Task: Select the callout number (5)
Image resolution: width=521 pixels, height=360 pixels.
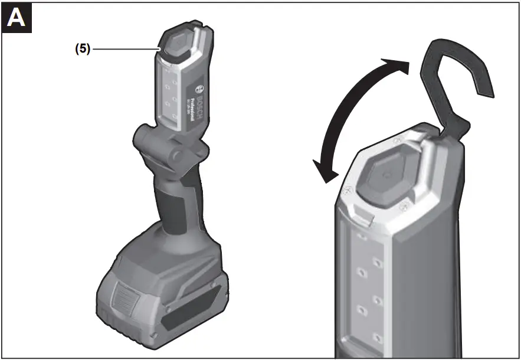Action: (82, 50)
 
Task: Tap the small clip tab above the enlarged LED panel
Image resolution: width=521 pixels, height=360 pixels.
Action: (364, 219)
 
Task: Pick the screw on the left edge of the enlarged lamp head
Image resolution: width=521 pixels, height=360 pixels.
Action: (348, 190)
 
